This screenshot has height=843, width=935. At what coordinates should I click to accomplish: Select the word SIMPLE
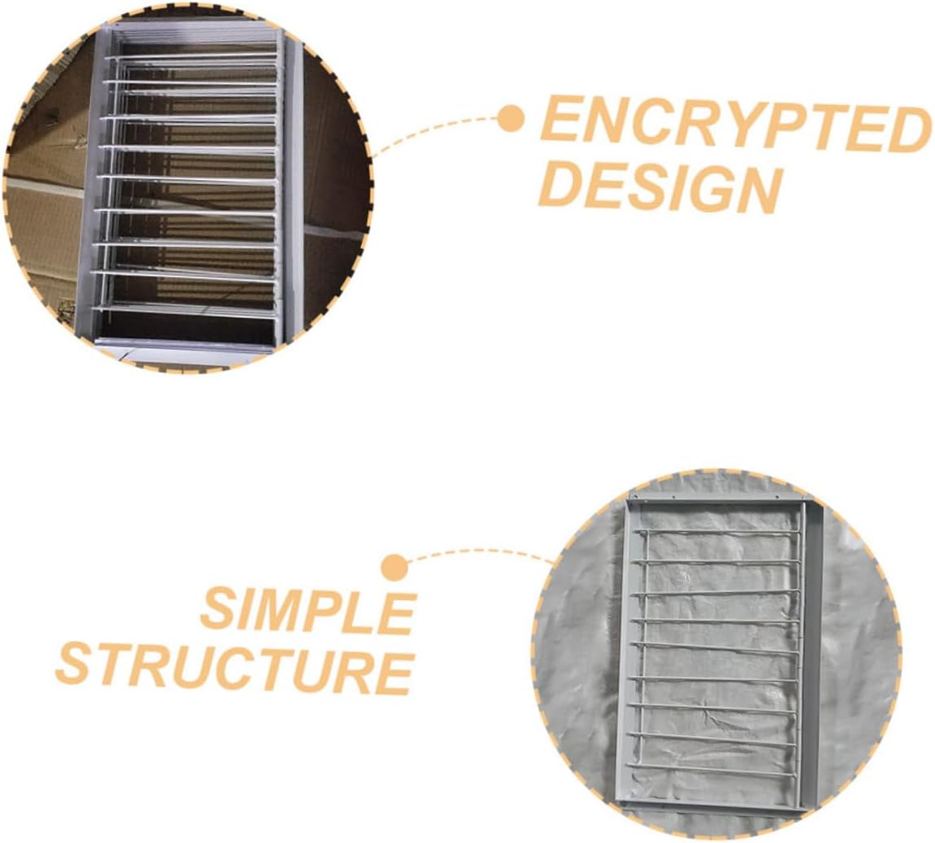(x=308, y=612)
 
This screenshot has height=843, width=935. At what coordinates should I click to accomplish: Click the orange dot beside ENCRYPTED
(x=511, y=119)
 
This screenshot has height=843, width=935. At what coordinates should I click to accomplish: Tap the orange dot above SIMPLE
(x=395, y=567)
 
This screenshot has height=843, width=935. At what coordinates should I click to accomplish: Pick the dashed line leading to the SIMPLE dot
(x=481, y=553)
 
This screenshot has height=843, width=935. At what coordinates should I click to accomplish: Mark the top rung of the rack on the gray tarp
(x=717, y=532)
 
